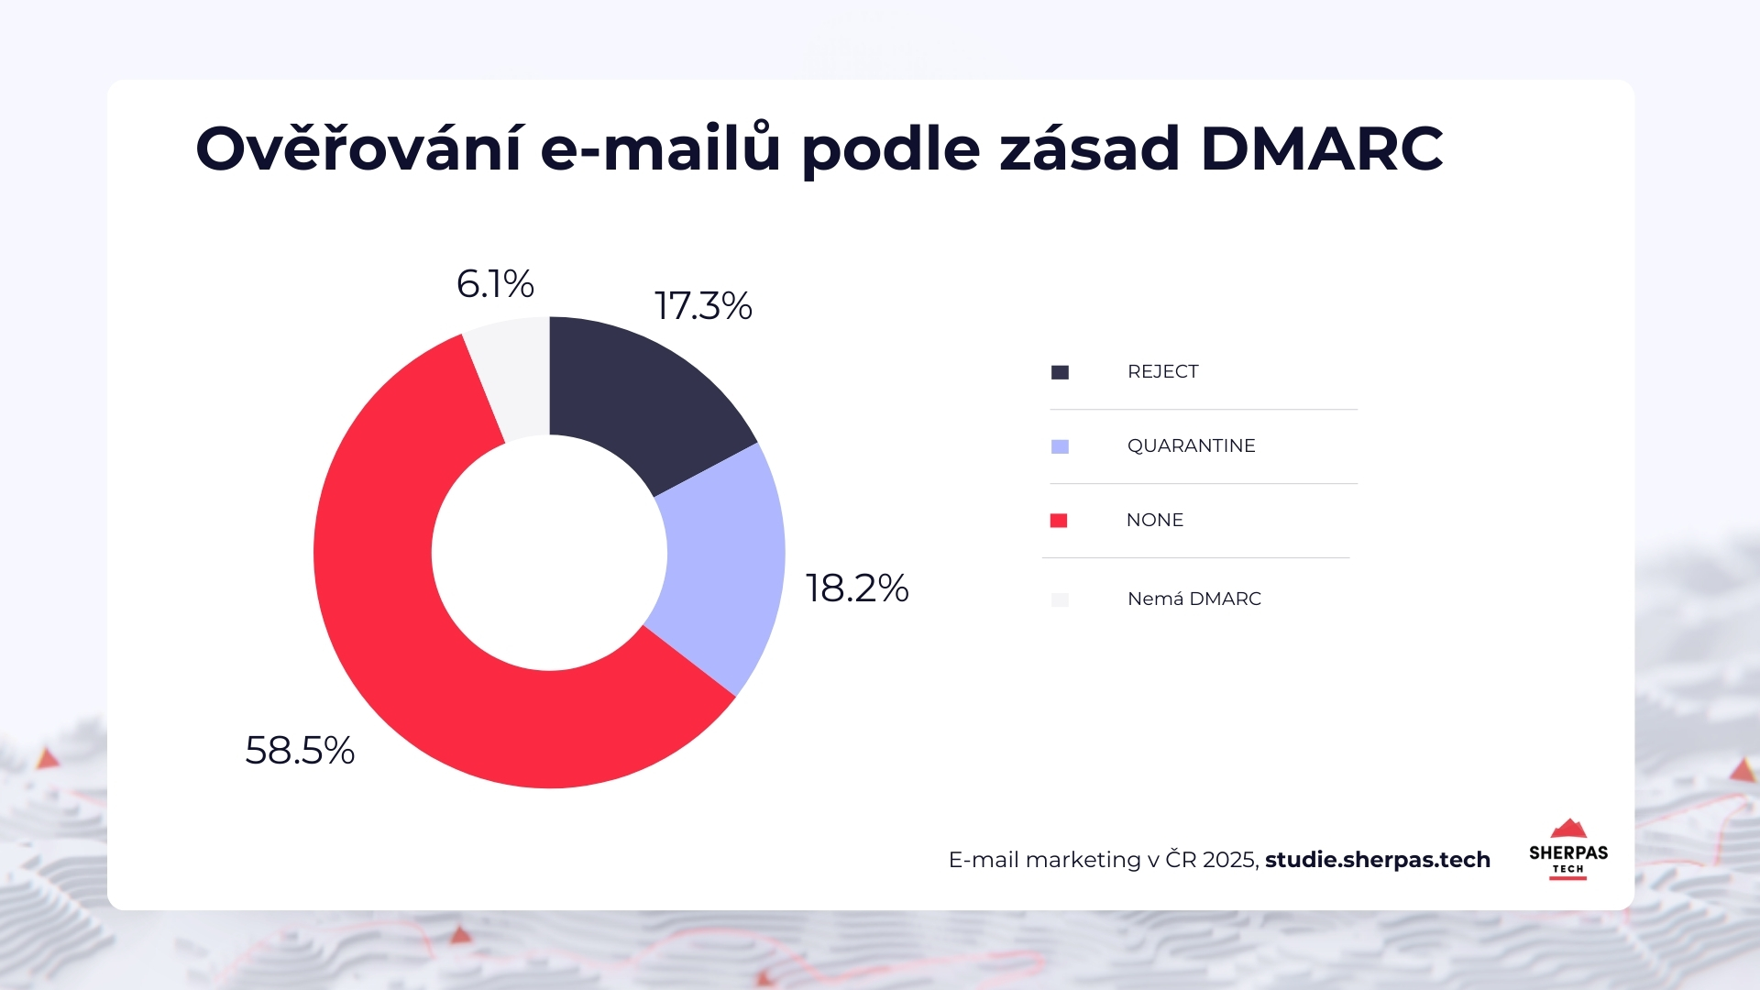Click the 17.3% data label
click(x=703, y=306)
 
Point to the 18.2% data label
click(x=856, y=588)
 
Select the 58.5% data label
click(x=300, y=751)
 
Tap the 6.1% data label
click(x=495, y=284)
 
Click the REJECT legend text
click(x=1162, y=371)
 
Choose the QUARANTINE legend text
click(x=1191, y=445)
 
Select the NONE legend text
click(x=1154, y=520)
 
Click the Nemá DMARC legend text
click(x=1193, y=599)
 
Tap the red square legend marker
click(x=1059, y=521)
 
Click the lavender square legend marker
click(x=1060, y=446)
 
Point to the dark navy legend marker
click(x=1060, y=372)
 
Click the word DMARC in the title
click(x=1321, y=148)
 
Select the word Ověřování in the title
click(x=358, y=148)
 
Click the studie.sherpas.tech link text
click(x=1377, y=860)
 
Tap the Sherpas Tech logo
click(x=1567, y=849)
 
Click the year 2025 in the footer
click(x=1229, y=860)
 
